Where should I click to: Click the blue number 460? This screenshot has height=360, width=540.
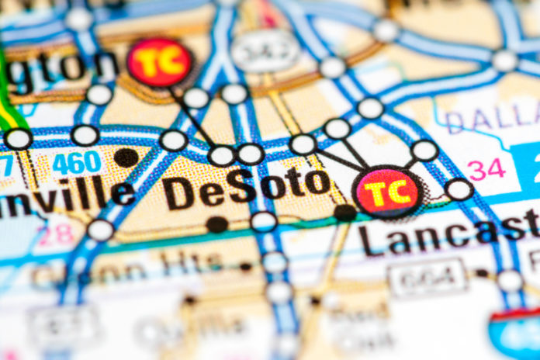tap(76, 163)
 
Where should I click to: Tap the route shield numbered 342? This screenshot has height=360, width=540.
tap(265, 52)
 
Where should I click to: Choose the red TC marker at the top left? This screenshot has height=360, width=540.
tap(160, 62)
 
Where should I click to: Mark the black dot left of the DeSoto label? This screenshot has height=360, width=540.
tap(126, 157)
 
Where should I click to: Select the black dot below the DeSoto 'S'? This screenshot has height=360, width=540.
tap(217, 224)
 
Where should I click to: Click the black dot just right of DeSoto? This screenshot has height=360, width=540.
tap(344, 212)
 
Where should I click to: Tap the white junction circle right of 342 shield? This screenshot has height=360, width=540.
tap(332, 67)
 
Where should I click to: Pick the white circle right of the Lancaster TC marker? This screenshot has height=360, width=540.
tap(459, 189)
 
